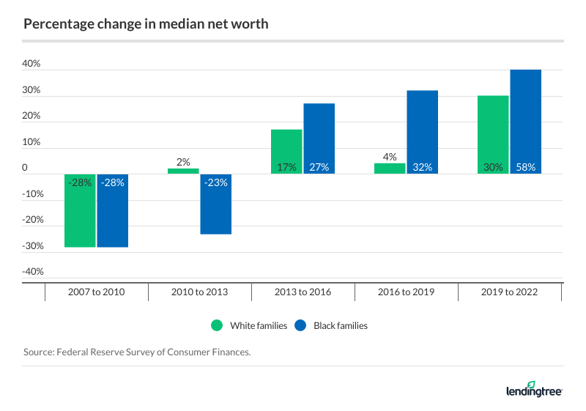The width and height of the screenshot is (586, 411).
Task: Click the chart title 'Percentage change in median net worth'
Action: click(x=146, y=24)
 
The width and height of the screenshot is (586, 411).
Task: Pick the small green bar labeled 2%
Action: click(x=182, y=171)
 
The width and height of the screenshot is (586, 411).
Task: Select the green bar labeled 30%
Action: click(x=493, y=132)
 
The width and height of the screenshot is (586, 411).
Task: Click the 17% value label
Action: click(x=286, y=167)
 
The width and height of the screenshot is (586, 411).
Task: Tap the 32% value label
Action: click(x=423, y=167)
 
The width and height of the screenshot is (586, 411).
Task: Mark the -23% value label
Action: click(x=216, y=183)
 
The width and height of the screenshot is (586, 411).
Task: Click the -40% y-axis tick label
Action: click(x=32, y=272)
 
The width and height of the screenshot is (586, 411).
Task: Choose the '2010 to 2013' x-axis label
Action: click(x=199, y=292)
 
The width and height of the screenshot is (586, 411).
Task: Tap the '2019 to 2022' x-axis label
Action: click(x=509, y=292)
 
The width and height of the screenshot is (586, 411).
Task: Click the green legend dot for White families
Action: click(x=216, y=325)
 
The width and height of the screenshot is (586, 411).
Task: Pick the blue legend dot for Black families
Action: click(x=300, y=325)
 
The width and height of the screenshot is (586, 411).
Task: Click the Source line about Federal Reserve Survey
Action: click(x=137, y=352)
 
